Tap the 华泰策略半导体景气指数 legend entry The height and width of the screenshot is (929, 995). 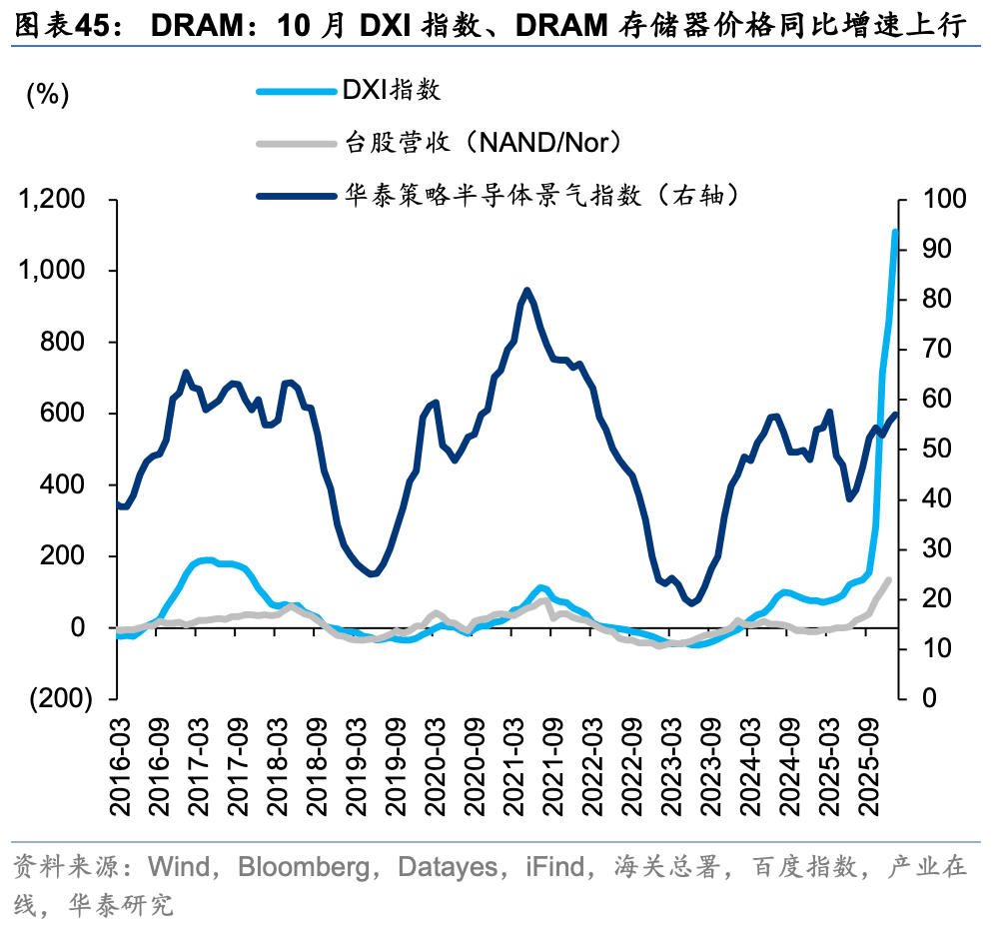[x=540, y=195]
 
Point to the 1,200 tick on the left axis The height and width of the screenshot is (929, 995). [x=56, y=201]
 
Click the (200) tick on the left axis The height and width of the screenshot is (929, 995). [x=62, y=698]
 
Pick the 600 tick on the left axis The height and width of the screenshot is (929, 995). [x=69, y=414]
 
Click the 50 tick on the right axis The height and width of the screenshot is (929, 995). [x=928, y=450]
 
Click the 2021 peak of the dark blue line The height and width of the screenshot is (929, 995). [x=526, y=291]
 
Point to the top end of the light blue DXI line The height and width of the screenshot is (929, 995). [x=895, y=232]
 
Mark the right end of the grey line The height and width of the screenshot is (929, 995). [x=888, y=579]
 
